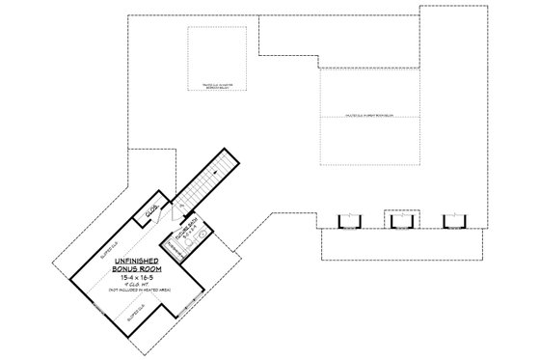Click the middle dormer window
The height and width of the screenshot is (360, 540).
click(x=397, y=220)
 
